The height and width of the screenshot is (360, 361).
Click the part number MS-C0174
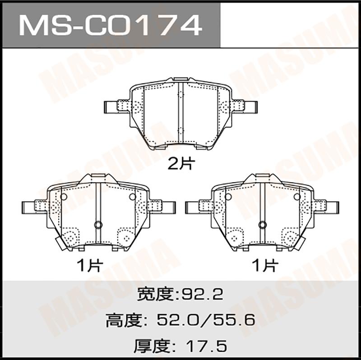tap(111, 25)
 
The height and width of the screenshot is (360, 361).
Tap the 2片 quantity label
tap(181, 164)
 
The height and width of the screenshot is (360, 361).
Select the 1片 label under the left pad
tap(90, 266)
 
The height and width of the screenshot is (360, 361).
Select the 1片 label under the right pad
tap(265, 266)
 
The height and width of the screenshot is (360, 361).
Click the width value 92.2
tap(202, 294)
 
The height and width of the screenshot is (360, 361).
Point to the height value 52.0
tap(177, 320)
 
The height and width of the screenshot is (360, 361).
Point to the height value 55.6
tap(234, 320)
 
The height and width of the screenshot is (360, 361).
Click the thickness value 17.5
tap(207, 346)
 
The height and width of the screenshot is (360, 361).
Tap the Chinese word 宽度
tap(155, 294)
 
